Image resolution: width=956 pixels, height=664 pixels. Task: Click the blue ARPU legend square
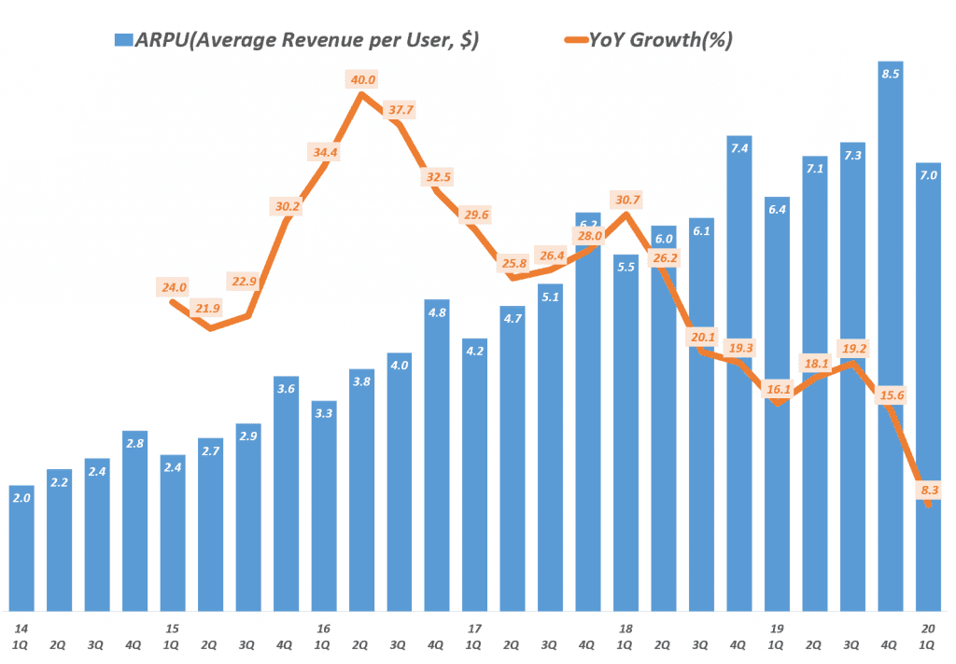tap(121, 41)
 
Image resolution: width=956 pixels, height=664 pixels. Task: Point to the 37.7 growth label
tap(401, 110)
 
